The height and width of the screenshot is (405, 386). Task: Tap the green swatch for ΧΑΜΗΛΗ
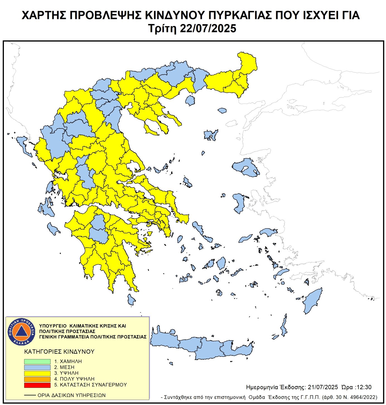(x=37, y=362)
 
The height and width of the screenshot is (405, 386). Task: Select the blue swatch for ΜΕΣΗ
(x=37, y=367)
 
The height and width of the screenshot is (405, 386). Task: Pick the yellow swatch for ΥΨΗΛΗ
(x=37, y=373)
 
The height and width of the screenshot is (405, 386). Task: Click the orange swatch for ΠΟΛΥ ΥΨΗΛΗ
(x=37, y=379)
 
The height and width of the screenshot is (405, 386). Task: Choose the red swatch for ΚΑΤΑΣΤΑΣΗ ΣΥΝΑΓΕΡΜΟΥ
(x=37, y=385)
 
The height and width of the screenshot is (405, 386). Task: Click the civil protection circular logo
(x=21, y=331)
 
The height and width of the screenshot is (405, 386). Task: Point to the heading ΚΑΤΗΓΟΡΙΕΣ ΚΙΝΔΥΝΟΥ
(x=59, y=351)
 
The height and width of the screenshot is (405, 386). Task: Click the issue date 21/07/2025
(x=323, y=387)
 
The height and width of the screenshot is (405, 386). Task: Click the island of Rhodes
(x=313, y=301)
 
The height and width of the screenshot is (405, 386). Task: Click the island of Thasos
(x=190, y=100)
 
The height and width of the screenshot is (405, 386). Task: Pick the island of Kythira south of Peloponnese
(x=131, y=300)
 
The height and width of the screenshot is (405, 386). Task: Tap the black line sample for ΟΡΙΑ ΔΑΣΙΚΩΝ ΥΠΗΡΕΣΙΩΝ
(x=30, y=395)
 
